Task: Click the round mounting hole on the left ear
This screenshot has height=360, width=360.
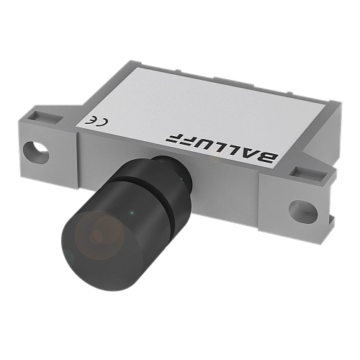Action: (36, 153)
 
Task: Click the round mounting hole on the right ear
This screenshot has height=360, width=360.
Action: (303, 211)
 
